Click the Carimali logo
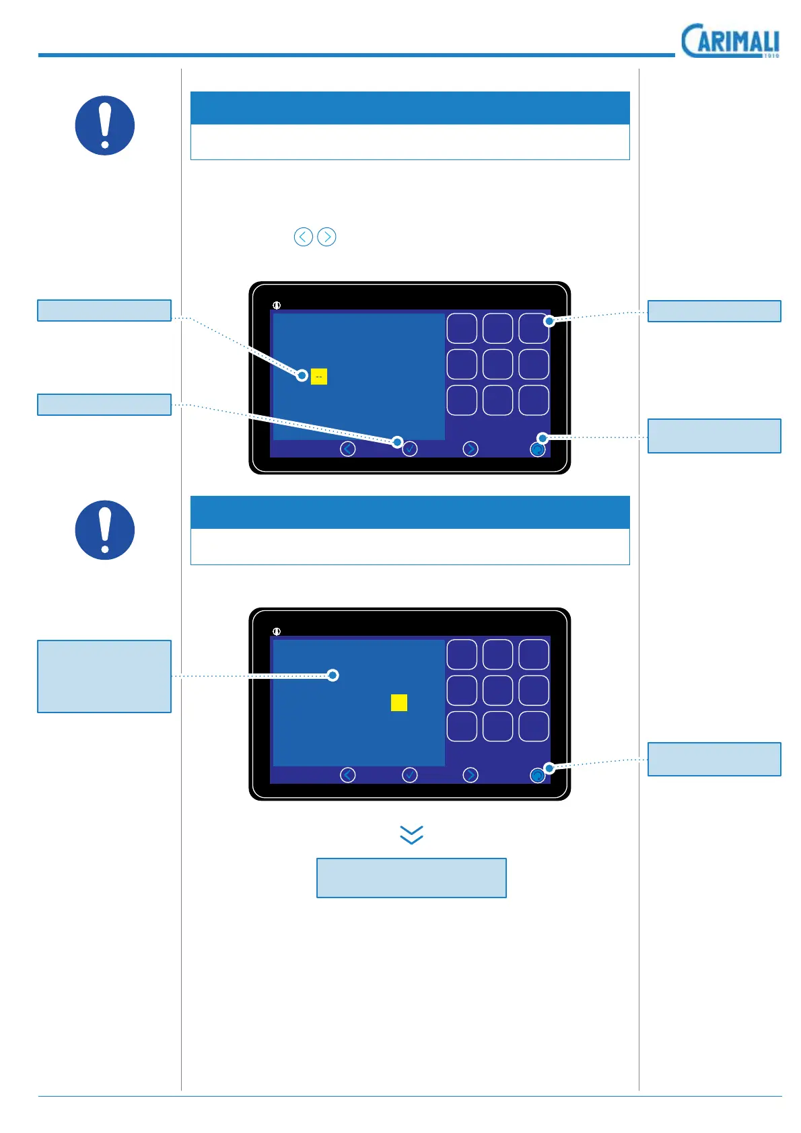click(x=730, y=41)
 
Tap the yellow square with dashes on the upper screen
click(x=319, y=376)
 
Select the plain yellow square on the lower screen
click(x=399, y=702)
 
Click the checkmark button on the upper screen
click(x=409, y=449)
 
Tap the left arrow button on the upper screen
click(x=347, y=449)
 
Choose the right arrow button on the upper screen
click(x=471, y=449)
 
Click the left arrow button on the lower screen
click(x=347, y=775)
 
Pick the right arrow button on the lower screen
click(x=471, y=775)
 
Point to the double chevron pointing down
click(x=411, y=834)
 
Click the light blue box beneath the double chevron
click(x=411, y=877)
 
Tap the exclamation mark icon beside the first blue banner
click(x=105, y=126)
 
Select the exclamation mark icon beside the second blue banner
click(x=105, y=530)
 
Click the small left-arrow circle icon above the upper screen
click(x=304, y=237)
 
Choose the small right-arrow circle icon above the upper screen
click(x=326, y=237)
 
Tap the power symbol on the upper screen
click(x=277, y=305)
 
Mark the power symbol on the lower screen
click(x=277, y=632)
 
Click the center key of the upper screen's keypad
click(x=498, y=364)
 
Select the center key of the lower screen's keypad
click(x=498, y=690)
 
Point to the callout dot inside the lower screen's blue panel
click(x=333, y=675)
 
